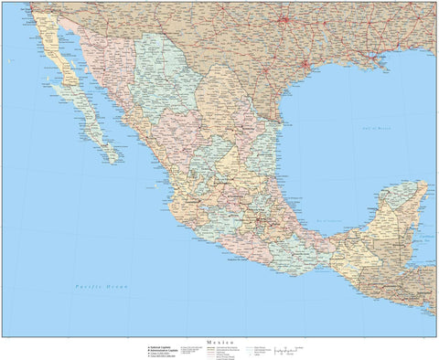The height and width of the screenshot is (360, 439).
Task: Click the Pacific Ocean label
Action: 102,287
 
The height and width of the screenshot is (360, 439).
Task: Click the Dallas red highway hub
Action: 284,19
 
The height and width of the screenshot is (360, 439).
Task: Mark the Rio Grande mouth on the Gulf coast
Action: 279,120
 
